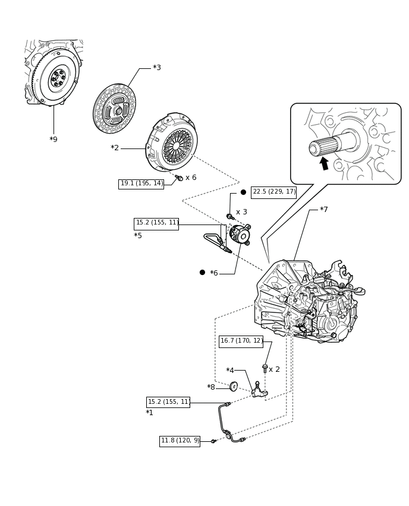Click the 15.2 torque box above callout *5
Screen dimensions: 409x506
tap(156, 224)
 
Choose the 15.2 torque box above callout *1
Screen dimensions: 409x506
tap(168, 402)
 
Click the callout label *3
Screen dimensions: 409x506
tap(157, 68)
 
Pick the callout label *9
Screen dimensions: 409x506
tap(54, 140)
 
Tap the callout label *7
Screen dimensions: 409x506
tap(324, 210)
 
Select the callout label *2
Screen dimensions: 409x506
tap(115, 148)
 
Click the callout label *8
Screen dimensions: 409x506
tap(211, 387)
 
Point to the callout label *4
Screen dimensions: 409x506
tap(230, 370)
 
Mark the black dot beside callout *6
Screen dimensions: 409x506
tap(202, 273)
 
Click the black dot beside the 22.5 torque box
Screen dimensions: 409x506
tap(243, 192)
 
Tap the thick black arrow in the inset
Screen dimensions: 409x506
tap(324, 163)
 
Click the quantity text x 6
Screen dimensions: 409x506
tap(191, 178)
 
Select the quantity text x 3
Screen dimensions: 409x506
tap(241, 212)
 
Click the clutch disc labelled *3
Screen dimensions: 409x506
tap(114, 109)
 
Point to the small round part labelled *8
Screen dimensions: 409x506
tap(233, 386)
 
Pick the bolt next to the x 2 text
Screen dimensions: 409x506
tap(265, 369)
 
